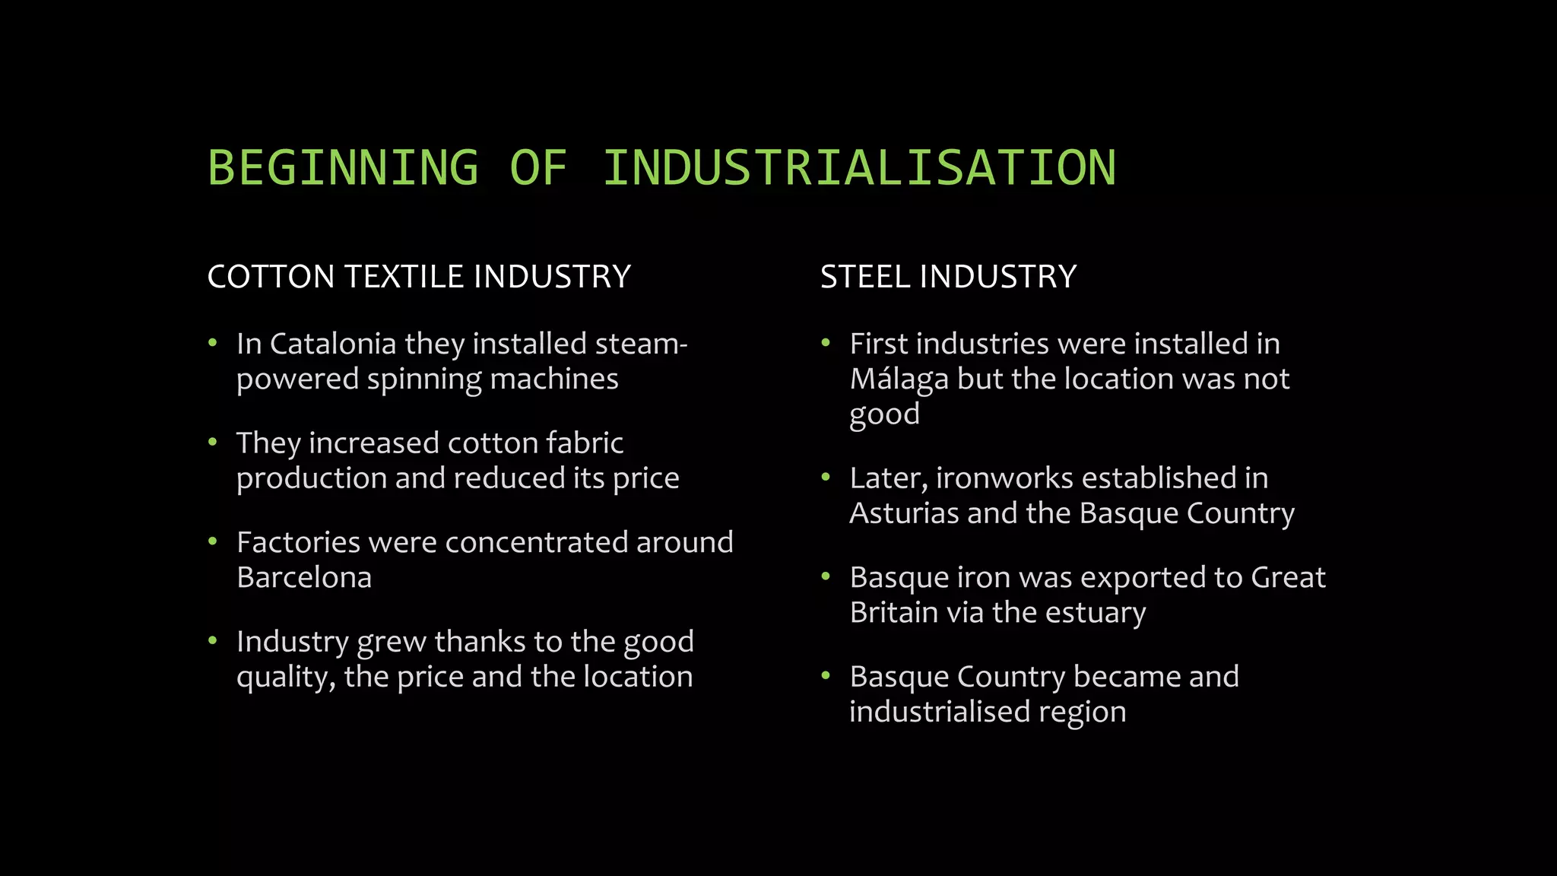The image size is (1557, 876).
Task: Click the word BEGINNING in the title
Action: (343, 168)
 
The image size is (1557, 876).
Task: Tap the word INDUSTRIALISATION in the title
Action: (859, 168)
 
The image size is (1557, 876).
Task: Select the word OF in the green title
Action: (538, 168)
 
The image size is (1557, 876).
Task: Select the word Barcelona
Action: (304, 578)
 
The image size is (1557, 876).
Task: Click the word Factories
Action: (298, 543)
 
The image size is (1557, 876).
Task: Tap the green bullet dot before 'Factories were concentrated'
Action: (213, 542)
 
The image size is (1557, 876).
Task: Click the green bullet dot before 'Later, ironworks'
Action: (826, 478)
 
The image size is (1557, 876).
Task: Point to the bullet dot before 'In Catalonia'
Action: (213, 344)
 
